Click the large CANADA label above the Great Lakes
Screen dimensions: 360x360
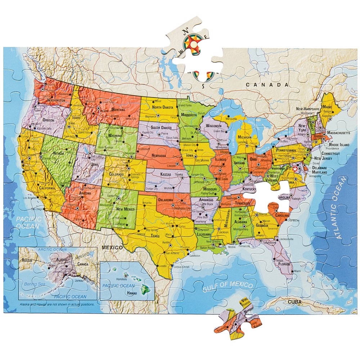pyautogui.click(x=267, y=85)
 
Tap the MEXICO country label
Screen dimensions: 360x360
pyautogui.click(x=112, y=248)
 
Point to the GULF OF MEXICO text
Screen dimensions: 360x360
pyautogui.click(x=227, y=287)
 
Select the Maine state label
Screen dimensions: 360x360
pyautogui.click(x=327, y=107)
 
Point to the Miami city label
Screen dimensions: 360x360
pyautogui.click(x=297, y=271)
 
